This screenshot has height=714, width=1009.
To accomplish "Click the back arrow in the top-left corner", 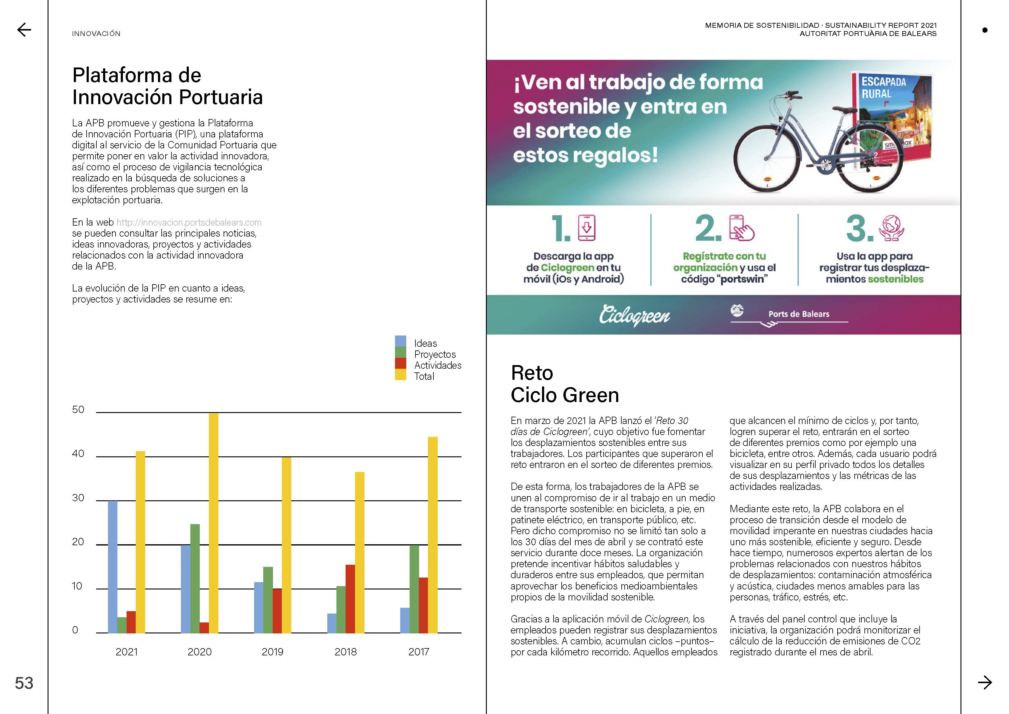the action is (24, 30).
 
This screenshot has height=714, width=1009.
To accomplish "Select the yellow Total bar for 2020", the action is (214, 523).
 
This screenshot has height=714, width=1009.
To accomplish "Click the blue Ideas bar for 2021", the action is (113, 567).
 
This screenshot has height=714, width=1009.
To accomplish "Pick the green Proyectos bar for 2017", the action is (414, 589).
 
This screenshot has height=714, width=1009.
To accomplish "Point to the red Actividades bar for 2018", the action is (350, 599).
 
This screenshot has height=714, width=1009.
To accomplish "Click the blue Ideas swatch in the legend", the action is (400, 341).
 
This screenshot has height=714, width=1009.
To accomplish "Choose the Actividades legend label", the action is (438, 365).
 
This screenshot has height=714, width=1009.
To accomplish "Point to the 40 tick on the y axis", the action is (78, 454).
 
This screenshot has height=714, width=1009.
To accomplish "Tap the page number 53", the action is (24, 683).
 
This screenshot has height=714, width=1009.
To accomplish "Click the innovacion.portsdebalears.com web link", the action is (189, 223).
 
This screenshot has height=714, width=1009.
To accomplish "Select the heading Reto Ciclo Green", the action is (565, 384).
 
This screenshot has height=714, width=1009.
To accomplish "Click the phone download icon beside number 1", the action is (587, 228).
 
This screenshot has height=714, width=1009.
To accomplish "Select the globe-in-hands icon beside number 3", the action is (891, 228).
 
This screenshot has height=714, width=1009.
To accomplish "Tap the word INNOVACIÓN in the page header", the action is (96, 34).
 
